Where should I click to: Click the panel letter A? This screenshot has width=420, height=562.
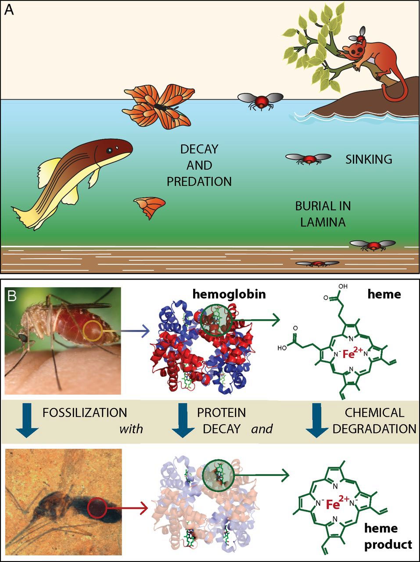tap(10, 11)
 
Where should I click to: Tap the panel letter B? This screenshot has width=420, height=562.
tap(11, 296)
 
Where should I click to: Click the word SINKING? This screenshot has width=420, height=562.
tap(369, 159)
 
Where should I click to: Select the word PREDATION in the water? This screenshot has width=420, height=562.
tap(199, 181)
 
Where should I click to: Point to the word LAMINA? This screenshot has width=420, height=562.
tap(323, 222)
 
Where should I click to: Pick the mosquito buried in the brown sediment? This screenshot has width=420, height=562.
tap(318, 263)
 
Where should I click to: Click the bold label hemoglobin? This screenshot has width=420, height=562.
tap(229, 295)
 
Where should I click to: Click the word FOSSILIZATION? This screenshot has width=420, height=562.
tap(85, 413)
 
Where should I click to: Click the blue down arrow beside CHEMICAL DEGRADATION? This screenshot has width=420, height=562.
tap(317, 420)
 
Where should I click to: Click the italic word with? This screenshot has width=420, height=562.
tap(131, 429)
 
